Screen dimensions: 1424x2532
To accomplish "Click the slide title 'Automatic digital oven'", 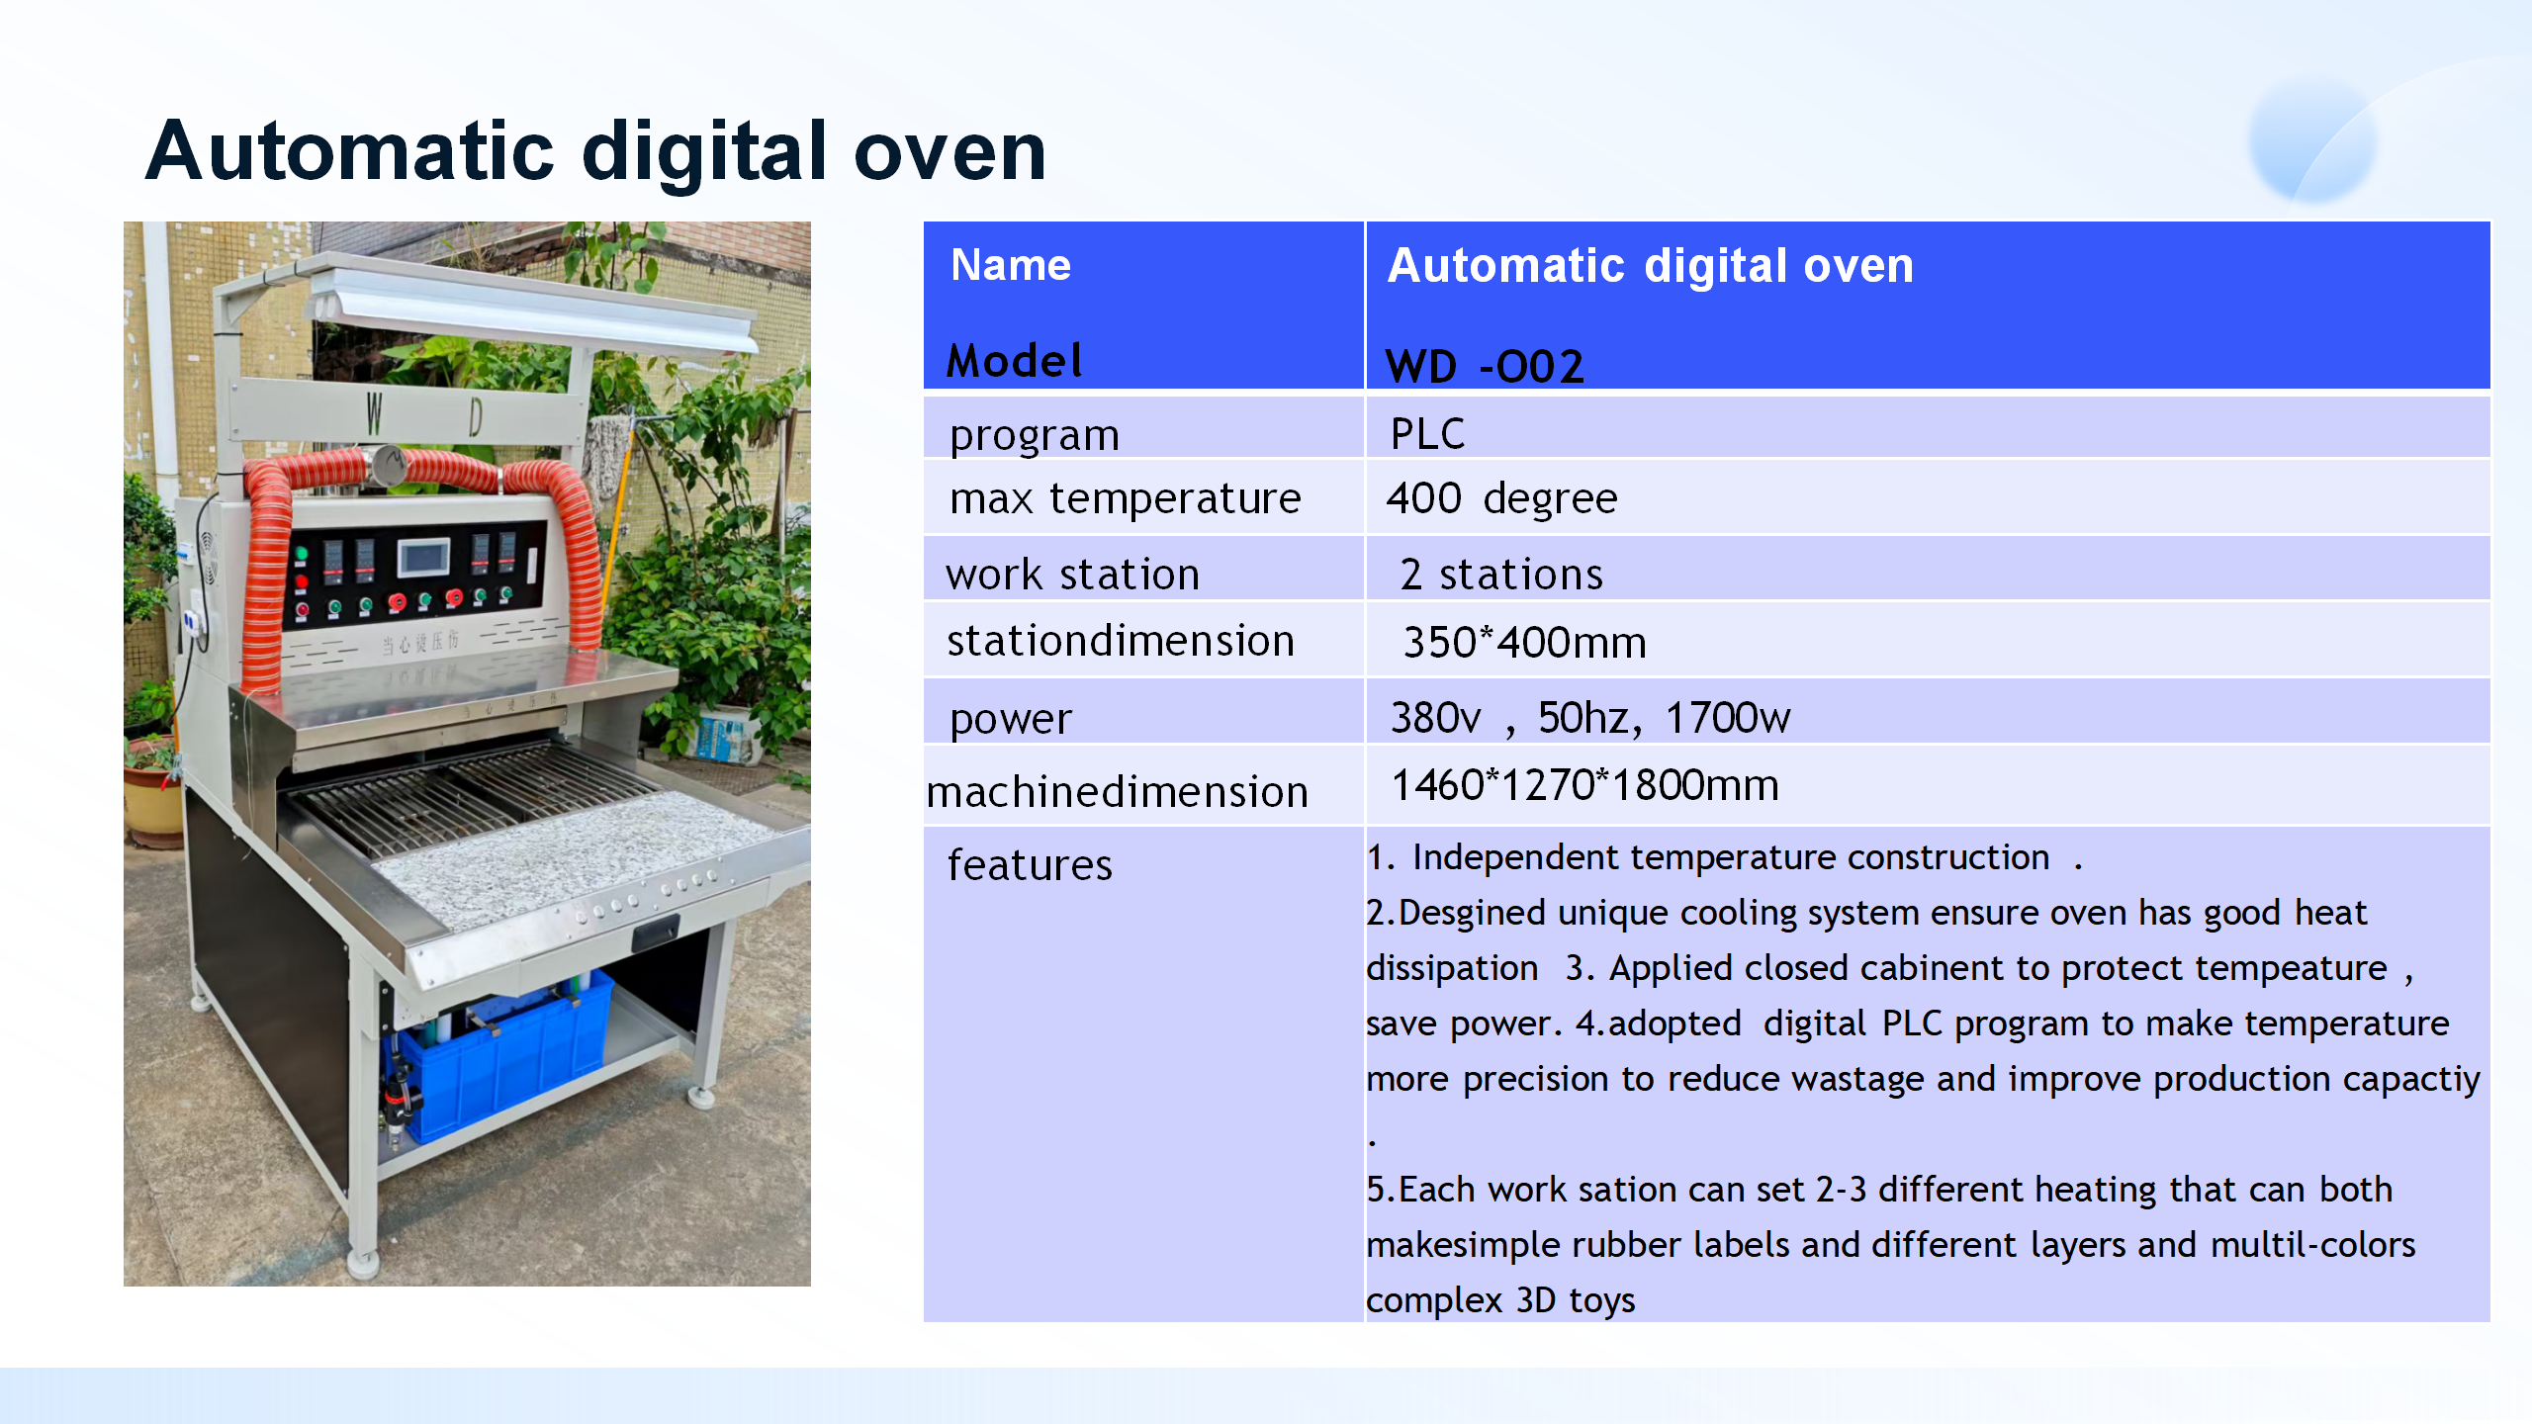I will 595,151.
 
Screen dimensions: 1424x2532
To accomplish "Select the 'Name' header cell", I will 1010,265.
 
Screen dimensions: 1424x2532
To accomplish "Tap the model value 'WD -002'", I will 1484,367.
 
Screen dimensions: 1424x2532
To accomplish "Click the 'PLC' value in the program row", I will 1427,434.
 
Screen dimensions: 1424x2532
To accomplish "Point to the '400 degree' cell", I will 1500,497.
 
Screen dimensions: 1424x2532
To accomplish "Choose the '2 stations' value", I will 1500,575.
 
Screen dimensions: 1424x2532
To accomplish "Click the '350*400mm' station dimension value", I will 1524,643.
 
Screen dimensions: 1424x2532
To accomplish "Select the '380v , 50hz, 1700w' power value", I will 1589,718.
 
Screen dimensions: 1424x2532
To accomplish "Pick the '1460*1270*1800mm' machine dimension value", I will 1584,785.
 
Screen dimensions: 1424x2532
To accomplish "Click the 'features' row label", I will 1030,865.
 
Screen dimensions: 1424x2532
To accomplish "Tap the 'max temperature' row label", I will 1125,498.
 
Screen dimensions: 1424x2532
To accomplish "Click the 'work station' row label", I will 1072,575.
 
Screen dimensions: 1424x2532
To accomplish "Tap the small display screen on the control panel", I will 423,557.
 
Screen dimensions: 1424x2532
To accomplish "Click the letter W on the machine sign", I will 374,413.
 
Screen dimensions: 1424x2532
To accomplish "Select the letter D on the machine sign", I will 476,417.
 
